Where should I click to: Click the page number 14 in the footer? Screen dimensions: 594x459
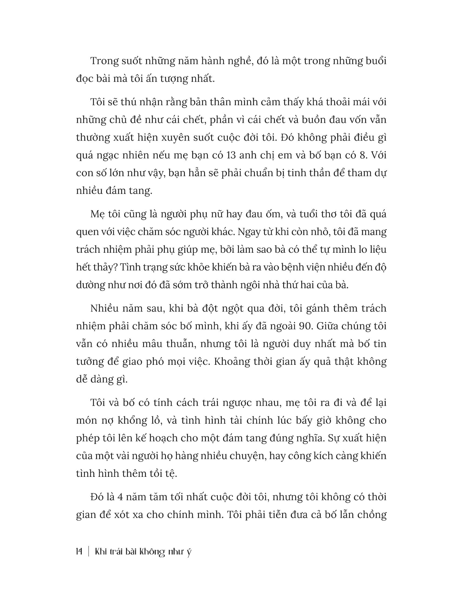79,552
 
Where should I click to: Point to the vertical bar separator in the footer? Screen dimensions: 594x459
89,552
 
